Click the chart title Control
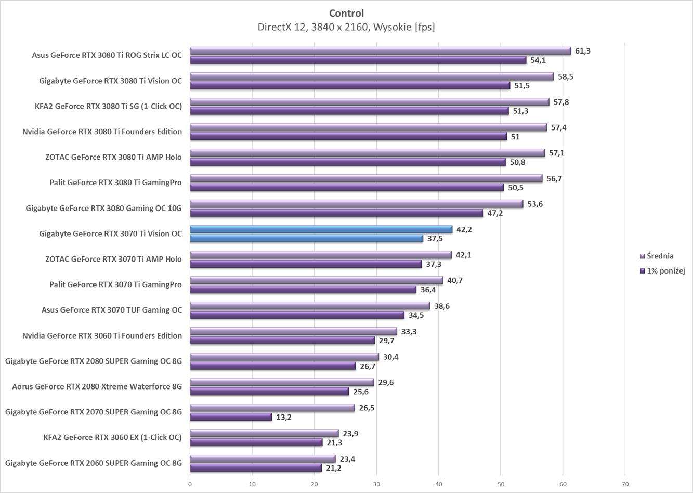coord(346,14)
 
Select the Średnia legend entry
coord(659,256)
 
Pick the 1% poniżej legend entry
coord(665,271)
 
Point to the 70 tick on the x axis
coord(625,484)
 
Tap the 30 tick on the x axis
coord(376,484)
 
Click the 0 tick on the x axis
coord(190,484)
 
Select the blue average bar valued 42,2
coord(321,229)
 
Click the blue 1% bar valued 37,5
coord(306,239)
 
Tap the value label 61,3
coord(583,51)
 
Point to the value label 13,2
coord(283,417)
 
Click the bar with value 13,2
coord(231,417)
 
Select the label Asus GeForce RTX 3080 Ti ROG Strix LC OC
coord(107,55)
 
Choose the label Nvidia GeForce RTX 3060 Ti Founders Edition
coord(102,336)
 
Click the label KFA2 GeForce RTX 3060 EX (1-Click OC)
coord(112,438)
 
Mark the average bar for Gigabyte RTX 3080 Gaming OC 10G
coord(356,204)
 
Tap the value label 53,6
coord(535,204)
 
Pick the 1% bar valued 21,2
coord(256,468)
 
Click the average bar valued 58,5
coord(372,76)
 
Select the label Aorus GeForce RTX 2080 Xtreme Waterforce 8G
coord(97,387)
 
